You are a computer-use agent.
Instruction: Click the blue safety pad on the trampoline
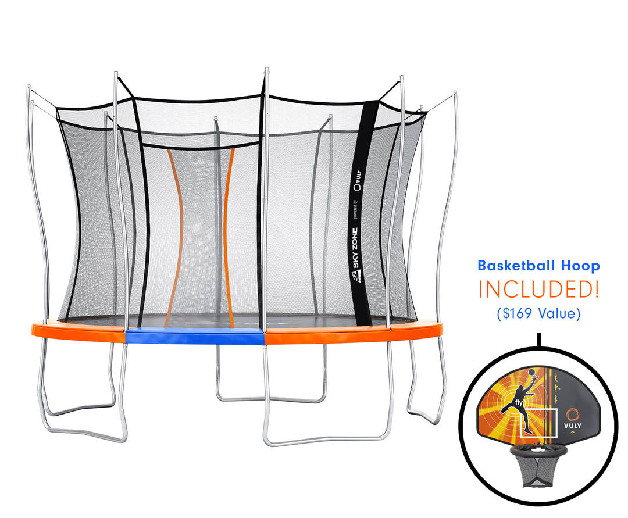click(195, 336)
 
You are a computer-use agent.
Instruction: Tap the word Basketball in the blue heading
click(516, 266)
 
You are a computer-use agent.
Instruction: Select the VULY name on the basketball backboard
click(573, 426)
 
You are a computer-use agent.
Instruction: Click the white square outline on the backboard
click(538, 423)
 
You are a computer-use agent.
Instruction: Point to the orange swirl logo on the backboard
click(573, 414)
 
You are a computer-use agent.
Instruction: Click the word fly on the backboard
click(519, 402)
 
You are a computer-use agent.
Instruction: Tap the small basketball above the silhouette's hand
click(531, 372)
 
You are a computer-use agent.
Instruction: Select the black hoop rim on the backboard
click(539, 451)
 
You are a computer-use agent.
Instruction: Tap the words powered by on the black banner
click(355, 208)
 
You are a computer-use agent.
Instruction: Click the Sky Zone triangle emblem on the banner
click(356, 276)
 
